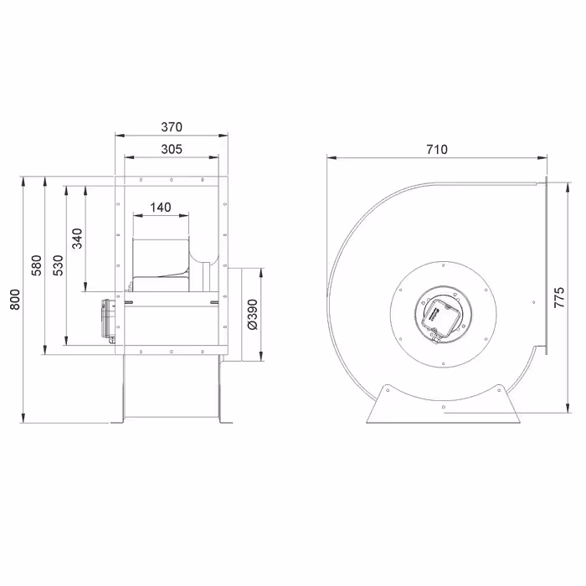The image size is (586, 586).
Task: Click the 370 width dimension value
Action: click(x=171, y=127)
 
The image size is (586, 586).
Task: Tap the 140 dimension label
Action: click(x=161, y=208)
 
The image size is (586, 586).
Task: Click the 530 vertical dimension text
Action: click(x=58, y=265)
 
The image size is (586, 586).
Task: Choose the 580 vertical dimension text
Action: click(x=36, y=265)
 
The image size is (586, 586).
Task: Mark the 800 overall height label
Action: click(x=14, y=300)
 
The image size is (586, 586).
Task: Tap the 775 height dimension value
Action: click(x=560, y=298)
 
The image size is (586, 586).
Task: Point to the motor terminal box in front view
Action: click(x=108, y=319)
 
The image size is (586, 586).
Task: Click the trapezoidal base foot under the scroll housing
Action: click(x=441, y=403)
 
